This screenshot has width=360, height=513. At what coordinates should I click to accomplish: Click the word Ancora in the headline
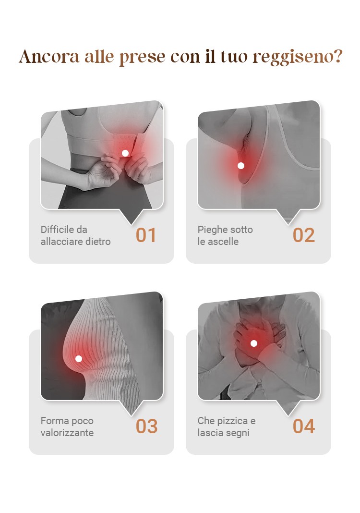[49, 57]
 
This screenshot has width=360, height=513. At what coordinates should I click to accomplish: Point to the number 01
[146, 235]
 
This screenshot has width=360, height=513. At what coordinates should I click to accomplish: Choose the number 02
[304, 235]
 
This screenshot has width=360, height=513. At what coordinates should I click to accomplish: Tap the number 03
[146, 426]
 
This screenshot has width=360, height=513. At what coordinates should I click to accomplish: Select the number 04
[304, 426]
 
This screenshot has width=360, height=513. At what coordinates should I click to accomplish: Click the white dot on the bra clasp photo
[125, 153]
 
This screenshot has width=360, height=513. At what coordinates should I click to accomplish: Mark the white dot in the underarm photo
[241, 166]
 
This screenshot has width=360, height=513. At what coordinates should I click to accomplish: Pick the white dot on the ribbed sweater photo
[78, 359]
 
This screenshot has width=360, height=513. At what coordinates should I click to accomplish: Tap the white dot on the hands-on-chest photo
[254, 343]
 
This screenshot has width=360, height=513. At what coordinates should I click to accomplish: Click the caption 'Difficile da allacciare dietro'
[75, 235]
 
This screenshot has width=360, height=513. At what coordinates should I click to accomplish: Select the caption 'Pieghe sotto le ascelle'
[225, 235]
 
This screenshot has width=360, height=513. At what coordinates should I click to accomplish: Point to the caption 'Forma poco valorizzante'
[67, 427]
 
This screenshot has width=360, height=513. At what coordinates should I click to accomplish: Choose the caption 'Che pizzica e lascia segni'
[227, 427]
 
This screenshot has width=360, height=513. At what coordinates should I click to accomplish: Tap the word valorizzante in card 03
[67, 432]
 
